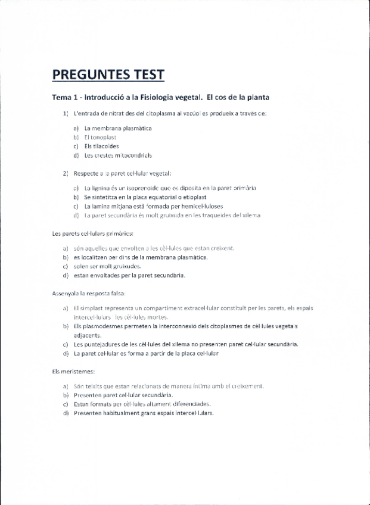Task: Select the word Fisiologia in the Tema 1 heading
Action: [x=176, y=97]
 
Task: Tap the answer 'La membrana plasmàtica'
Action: [x=118, y=128]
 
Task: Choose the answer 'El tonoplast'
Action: [x=100, y=137]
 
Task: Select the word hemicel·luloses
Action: [x=198, y=206]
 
